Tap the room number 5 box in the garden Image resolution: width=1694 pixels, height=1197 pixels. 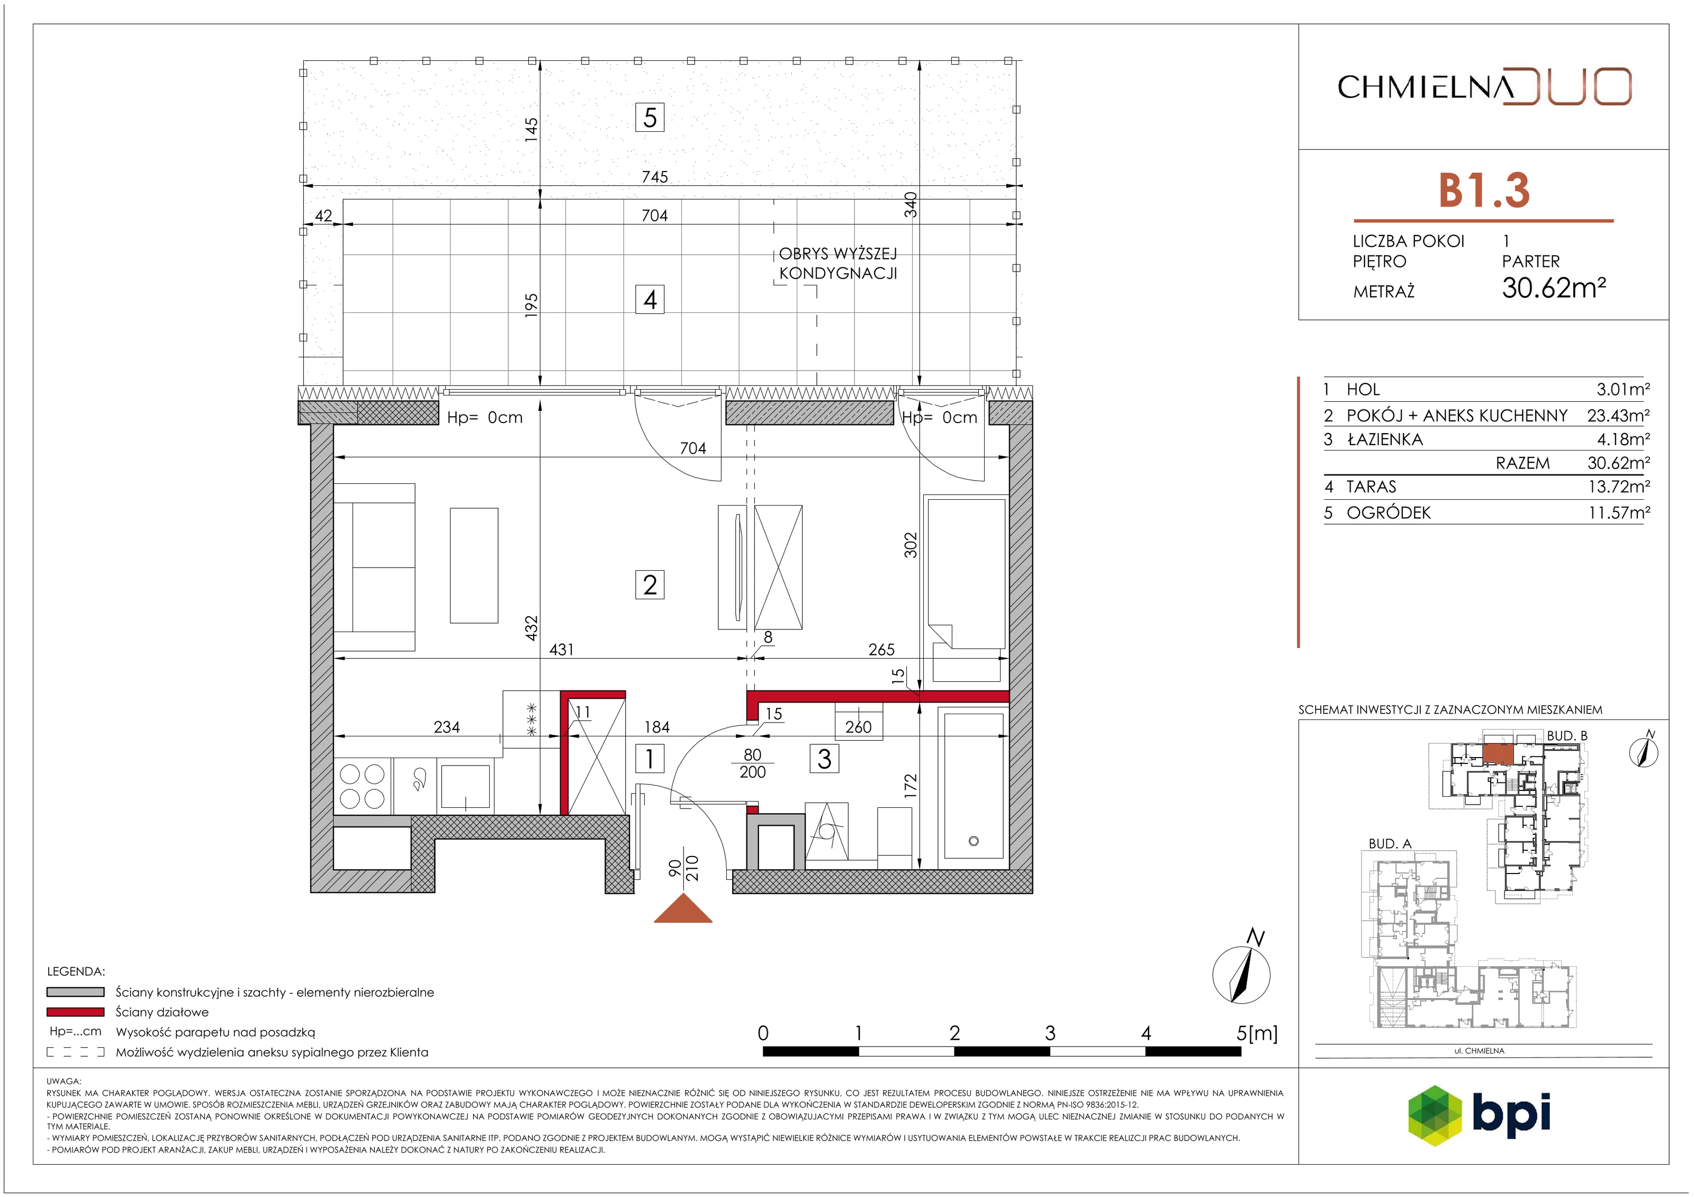[x=649, y=118]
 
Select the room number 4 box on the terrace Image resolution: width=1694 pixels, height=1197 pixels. [x=649, y=300]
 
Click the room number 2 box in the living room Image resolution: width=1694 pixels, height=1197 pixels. [x=649, y=584]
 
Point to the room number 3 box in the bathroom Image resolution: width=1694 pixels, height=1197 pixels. [x=824, y=759]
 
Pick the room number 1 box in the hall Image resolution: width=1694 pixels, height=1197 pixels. [x=649, y=759]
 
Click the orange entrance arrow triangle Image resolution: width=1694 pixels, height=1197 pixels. [x=683, y=908]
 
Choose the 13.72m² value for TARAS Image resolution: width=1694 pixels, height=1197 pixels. [x=1619, y=487]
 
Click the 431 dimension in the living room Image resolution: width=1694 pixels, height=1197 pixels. [x=562, y=650]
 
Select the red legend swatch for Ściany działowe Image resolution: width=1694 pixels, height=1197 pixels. [x=75, y=1012]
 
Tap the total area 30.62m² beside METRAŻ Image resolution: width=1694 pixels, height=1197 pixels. [x=1554, y=287]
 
